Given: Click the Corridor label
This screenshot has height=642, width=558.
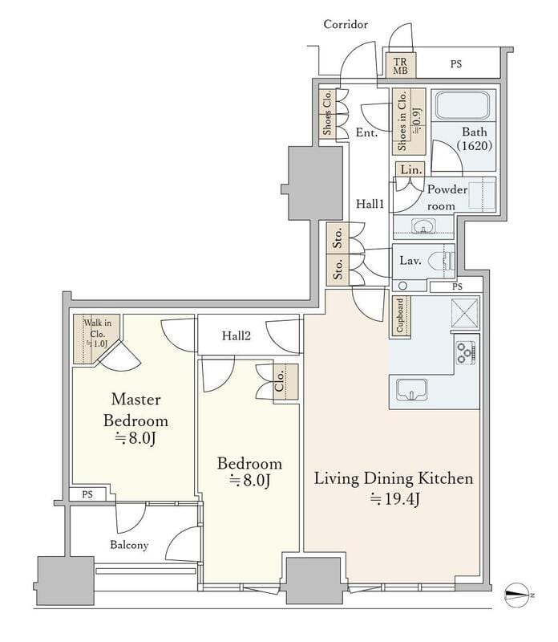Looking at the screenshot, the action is coord(346,25).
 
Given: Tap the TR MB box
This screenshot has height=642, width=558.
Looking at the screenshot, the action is coord(401,65).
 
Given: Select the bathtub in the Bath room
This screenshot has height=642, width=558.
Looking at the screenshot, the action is coord(462,105).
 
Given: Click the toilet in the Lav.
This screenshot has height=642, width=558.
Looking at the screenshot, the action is coord(441,260).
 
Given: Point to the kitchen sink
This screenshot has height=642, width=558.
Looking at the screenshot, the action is coord(411,389).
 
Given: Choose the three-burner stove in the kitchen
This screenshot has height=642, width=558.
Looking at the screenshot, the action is coord(466,352).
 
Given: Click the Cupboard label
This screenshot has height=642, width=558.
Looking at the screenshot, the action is coord(400,315).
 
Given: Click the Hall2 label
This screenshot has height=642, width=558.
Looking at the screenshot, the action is coord(236,336).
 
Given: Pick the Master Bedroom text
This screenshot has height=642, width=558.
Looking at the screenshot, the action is coord(135,410).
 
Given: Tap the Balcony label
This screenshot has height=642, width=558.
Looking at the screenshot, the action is coord(129,545).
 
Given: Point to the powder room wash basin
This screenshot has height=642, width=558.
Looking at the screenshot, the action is coord(423,226).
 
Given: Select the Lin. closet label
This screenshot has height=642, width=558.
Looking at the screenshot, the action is coord(410,169).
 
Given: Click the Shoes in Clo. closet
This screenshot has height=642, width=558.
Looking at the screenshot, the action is coord(409,122).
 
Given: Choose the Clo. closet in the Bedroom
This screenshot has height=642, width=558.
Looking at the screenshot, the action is coord(285,382).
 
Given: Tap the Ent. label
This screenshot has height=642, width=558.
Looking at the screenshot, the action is coord(366,132).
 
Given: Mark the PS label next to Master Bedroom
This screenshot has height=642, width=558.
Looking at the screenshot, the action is coord(87,494).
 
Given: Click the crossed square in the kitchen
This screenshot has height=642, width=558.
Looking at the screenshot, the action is coord(465,313).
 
